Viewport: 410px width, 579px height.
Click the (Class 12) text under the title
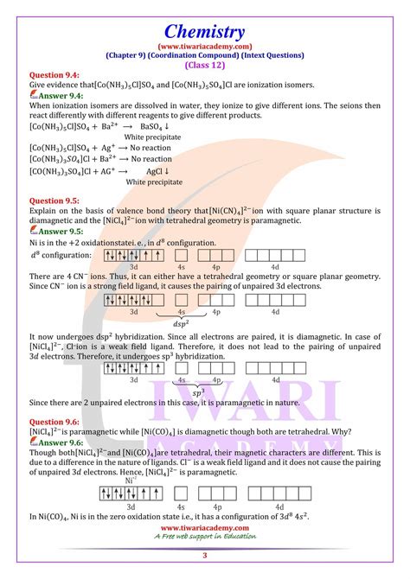tap(205, 65)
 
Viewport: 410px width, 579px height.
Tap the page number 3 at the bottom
tap(205, 566)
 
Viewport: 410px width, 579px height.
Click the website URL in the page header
tap(205, 46)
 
